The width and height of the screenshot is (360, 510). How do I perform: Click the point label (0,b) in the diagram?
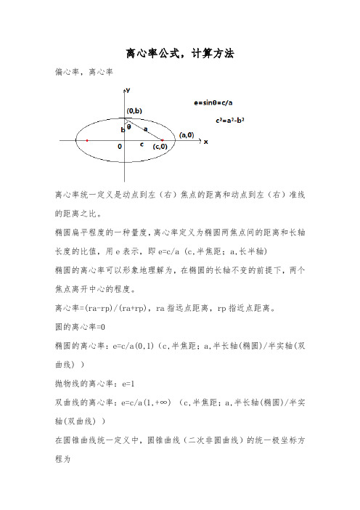click(136, 110)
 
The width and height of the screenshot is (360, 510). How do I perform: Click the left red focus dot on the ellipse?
click(87, 140)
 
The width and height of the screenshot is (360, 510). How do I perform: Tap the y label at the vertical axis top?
click(128, 90)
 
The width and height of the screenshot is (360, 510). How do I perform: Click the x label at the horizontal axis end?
click(205, 142)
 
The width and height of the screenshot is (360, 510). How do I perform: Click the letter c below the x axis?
click(142, 145)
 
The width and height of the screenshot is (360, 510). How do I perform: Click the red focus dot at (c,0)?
click(162, 139)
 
